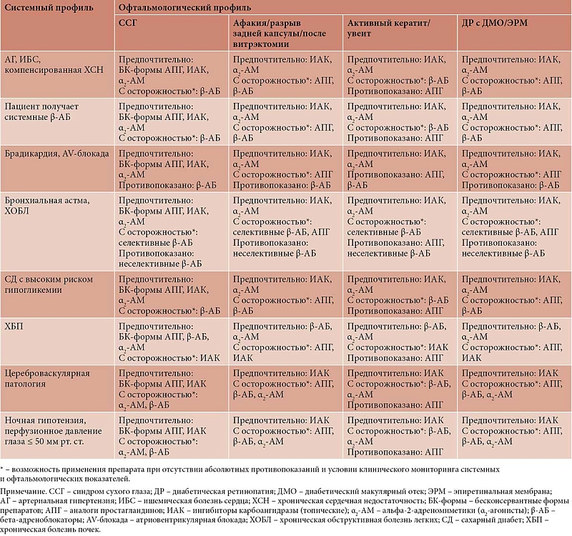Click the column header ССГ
point(127,23)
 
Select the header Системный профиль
point(49,8)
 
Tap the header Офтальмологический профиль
point(184,7)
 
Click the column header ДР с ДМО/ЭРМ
point(494,23)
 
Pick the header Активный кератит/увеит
point(388,28)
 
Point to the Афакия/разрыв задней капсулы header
point(279,34)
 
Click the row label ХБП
point(14,326)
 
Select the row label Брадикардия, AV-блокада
point(56,154)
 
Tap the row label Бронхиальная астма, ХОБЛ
point(46,206)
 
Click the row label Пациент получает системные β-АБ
point(41,111)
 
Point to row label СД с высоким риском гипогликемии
point(49,284)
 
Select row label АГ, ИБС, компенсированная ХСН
point(54,64)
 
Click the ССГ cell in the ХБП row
point(169,342)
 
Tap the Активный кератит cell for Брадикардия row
point(396,169)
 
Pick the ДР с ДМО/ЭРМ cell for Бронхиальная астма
point(511,227)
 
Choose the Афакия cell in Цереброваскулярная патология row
point(283,384)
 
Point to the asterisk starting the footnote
point(2,469)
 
